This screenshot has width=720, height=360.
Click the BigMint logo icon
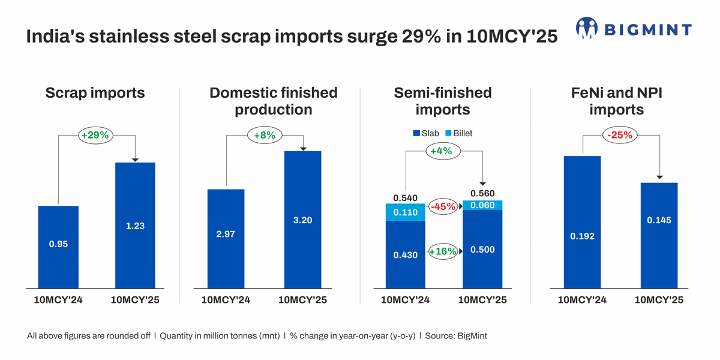click(x=587, y=28)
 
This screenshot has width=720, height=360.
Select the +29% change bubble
click(x=95, y=136)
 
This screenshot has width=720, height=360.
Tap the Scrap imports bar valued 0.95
click(x=58, y=247)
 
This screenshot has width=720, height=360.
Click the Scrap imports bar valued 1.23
click(x=135, y=225)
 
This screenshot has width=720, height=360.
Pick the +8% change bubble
click(x=264, y=136)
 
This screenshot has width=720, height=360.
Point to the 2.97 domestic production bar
click(x=226, y=238)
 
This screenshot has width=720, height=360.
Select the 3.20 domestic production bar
click(x=302, y=220)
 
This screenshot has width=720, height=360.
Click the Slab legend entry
click(x=425, y=133)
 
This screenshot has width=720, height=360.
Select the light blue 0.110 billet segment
click(x=406, y=212)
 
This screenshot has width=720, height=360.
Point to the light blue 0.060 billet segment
click(x=482, y=205)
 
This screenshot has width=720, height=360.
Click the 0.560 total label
click(x=482, y=193)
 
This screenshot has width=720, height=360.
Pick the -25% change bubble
click(x=620, y=135)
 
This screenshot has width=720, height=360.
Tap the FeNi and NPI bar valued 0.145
click(x=659, y=235)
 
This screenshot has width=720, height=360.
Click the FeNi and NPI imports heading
click(x=616, y=101)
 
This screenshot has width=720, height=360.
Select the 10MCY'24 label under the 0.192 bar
click(x=582, y=300)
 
